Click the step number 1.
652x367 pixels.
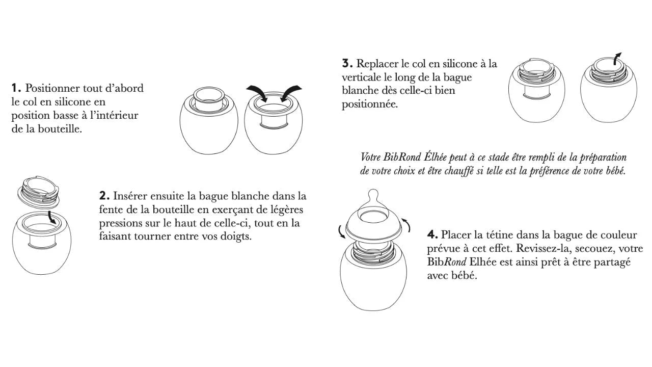click(16, 88)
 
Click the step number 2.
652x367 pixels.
click(104, 196)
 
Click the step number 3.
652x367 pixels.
click(347, 64)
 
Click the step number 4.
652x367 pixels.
click(432, 234)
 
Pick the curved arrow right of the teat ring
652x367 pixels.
click(407, 225)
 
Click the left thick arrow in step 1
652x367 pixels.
click(258, 92)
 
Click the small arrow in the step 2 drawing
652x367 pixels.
click(51, 218)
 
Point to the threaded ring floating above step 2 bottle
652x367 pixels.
click(39, 193)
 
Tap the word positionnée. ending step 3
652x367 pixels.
click(370, 104)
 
